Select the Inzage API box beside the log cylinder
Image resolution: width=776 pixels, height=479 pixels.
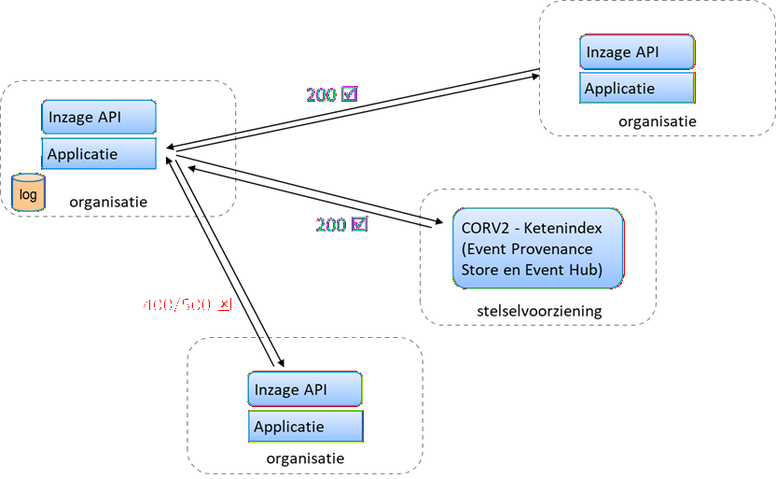click(x=98, y=118)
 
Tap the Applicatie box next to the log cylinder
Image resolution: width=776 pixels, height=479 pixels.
click(x=98, y=154)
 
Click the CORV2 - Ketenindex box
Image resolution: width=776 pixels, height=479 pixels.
click(x=537, y=248)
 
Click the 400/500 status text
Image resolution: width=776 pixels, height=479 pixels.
click(x=176, y=304)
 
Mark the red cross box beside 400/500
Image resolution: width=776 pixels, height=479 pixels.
click(x=224, y=304)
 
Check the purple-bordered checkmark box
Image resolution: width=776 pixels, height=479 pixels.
click(x=350, y=94)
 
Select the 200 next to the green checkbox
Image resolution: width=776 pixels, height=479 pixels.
click(x=331, y=224)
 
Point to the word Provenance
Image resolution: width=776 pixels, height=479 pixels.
click(x=542, y=249)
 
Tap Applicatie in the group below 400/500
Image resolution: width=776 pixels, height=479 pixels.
click(x=289, y=427)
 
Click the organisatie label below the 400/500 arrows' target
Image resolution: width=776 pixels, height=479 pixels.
click(x=305, y=458)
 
